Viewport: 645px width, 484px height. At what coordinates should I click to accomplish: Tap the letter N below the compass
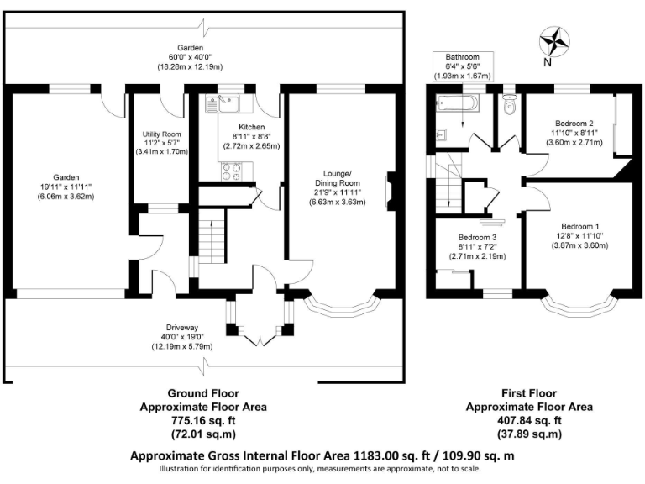548,61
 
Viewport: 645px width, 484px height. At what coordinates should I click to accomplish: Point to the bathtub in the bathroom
458,105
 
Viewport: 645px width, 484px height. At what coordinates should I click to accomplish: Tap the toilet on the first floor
508,108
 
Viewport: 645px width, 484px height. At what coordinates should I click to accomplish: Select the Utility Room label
161,134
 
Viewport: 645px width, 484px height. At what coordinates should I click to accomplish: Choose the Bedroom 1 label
579,226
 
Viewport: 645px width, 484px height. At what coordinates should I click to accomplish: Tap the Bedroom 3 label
477,238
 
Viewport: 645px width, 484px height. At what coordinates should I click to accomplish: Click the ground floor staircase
213,243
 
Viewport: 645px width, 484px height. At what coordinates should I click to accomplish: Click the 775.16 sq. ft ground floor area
202,420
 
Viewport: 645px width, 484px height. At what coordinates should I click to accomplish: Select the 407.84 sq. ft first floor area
530,420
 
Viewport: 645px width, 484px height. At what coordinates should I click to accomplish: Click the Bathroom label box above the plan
463,66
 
